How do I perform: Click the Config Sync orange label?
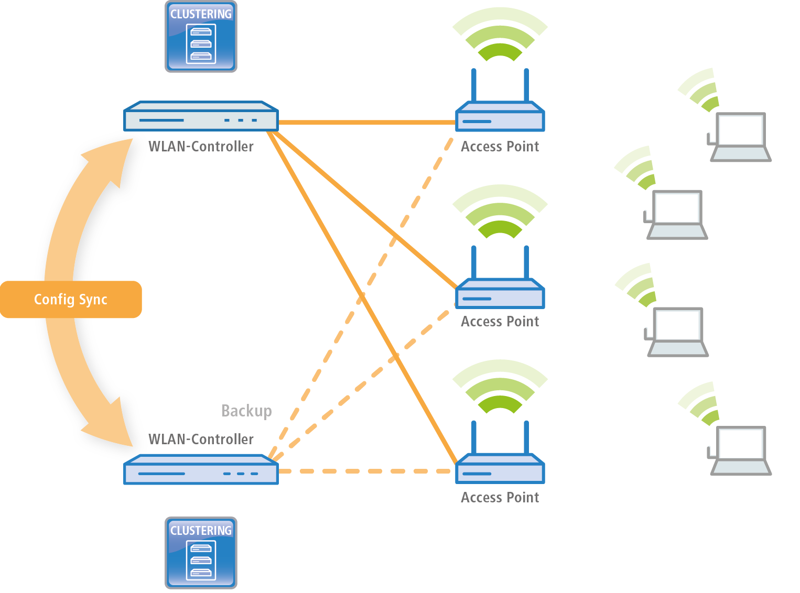[x=71, y=300]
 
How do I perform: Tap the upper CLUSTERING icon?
[x=201, y=37]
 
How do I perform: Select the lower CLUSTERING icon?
[x=201, y=553]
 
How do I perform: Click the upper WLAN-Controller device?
[x=201, y=116]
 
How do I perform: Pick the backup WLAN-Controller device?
[x=201, y=470]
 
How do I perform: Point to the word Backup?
[x=246, y=411]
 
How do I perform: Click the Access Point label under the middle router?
[x=500, y=322]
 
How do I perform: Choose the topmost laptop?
[x=740, y=137]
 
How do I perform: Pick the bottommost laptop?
[x=740, y=451]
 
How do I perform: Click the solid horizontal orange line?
[x=367, y=123]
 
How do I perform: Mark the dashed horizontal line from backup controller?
[x=367, y=471]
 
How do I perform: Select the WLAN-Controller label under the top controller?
[x=201, y=147]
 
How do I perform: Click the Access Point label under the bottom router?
[x=500, y=498]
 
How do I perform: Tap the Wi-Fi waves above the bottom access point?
[x=500, y=388]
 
